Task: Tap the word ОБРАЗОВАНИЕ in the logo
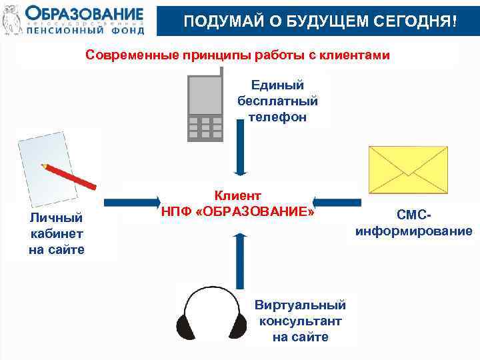click(x=85, y=13)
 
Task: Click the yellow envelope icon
click(x=408, y=169)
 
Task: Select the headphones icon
click(x=206, y=312)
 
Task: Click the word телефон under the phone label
click(x=277, y=117)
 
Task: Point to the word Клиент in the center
click(x=237, y=195)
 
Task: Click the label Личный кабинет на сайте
click(x=57, y=233)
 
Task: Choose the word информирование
click(x=414, y=231)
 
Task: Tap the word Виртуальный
click(x=300, y=305)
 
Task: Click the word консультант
click(x=300, y=321)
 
